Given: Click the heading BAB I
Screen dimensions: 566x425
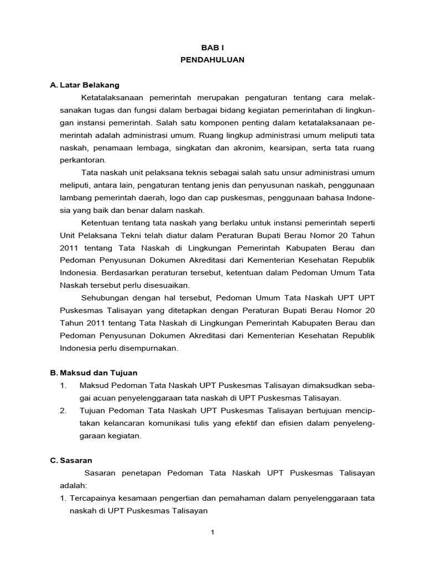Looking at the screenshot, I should tap(212, 49).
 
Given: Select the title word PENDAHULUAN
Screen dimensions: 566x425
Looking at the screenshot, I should tap(212, 60).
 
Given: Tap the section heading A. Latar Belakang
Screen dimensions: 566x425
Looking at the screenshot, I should tap(85, 85).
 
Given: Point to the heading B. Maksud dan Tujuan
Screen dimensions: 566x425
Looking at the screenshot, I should tap(94, 373).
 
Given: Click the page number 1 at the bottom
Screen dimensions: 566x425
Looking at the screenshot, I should tap(212, 532).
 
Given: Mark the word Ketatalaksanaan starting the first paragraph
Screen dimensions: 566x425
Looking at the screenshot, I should tap(112, 97).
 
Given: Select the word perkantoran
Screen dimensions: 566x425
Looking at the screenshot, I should tap(82, 160).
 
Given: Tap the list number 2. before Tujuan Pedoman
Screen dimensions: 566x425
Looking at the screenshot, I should tap(64, 411).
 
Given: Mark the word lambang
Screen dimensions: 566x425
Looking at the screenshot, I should tap(74, 197).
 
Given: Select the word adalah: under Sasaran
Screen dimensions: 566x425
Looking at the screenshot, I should tap(73, 485).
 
